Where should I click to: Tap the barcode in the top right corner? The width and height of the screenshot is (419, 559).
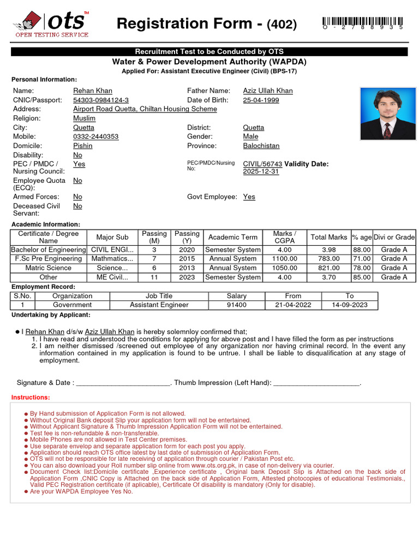tap(363, 22)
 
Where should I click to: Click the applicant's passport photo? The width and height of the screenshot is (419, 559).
tap(387, 114)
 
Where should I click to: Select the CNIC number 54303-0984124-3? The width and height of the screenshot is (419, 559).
tap(101, 100)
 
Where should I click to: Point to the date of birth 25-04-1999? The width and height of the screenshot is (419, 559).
tap(261, 100)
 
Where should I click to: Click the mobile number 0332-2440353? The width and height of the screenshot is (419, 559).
tap(95, 136)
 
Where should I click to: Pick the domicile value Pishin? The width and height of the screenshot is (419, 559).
tap(83, 146)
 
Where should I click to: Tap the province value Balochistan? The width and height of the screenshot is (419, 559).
tap(261, 146)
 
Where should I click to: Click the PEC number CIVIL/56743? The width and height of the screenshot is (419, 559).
tap(262, 164)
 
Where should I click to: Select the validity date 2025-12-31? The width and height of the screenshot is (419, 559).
tap(261, 171)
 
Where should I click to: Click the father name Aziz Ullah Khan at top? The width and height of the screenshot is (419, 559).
tap(268, 91)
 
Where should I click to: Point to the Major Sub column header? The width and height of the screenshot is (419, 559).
tap(112, 237)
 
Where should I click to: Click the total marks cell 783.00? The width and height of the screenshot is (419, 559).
tap(328, 259)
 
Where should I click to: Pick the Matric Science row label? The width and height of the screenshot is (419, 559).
tap(49, 268)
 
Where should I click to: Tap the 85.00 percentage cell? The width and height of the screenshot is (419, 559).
tap(362, 277)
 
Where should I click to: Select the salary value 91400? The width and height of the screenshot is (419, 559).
tap(236, 305)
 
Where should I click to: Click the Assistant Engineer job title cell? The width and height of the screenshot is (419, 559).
tap(159, 305)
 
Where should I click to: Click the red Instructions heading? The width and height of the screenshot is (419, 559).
tap(31, 397)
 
